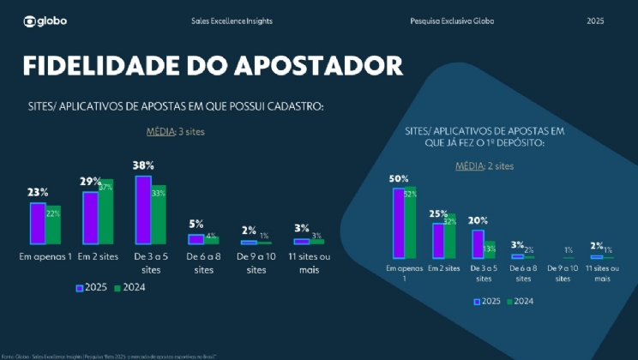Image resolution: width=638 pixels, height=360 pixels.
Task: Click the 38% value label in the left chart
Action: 143,165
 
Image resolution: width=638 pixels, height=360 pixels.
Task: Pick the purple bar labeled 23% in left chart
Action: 38,224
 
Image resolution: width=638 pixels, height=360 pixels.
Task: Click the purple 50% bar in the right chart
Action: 399,223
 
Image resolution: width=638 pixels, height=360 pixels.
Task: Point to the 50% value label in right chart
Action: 398,179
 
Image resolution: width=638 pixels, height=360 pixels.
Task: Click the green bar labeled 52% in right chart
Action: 411,223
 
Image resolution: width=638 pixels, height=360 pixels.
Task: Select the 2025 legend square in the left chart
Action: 80,288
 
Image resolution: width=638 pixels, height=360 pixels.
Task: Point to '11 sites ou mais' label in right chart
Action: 603,273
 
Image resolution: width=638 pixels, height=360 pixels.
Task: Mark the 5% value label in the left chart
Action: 196,224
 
